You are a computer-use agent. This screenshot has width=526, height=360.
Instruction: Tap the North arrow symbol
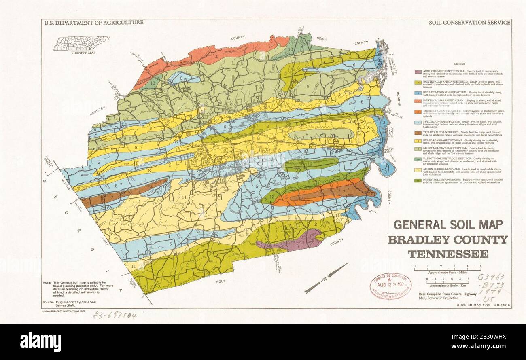pos(326,278)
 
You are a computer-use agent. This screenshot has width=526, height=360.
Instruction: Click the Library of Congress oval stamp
pos(390,286)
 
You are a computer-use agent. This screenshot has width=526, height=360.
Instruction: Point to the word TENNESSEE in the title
pos(448,254)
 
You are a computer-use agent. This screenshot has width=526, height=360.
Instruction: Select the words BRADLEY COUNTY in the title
pos(448,240)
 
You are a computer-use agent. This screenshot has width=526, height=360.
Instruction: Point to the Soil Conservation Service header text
pos(469,23)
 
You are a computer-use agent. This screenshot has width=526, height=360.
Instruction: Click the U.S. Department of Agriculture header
pos(93,23)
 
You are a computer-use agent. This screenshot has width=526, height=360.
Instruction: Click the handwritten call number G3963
pos(491,277)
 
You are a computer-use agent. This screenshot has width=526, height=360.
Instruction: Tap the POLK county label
pos(221,280)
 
